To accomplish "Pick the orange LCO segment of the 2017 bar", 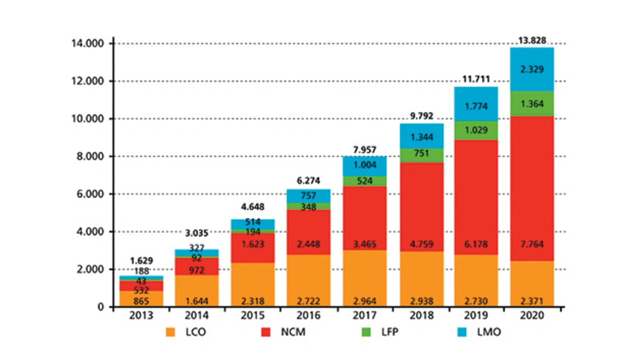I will [x=364, y=278].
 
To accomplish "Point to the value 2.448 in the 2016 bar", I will [x=309, y=245].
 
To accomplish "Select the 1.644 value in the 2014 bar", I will [x=196, y=301].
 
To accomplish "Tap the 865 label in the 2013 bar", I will [x=141, y=301].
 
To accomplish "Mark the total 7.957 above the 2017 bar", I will [x=364, y=149].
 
